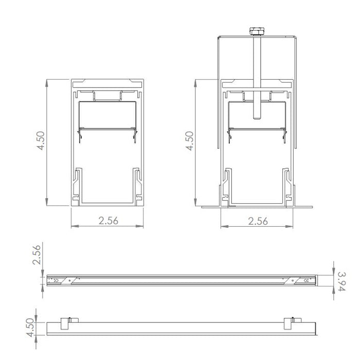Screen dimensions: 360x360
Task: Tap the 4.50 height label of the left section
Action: [41, 141]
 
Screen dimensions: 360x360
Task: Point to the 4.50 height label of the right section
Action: [189, 141]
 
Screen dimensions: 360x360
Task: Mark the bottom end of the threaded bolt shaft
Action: [256, 119]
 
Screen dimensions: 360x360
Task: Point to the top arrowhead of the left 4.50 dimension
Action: [47, 81]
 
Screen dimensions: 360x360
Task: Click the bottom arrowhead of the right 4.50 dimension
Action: [195, 203]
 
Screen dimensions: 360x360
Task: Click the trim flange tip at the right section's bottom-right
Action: [312, 207]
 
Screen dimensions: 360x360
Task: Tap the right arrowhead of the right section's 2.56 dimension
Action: [292, 226]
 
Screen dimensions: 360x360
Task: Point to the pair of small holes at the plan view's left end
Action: [56, 280]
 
